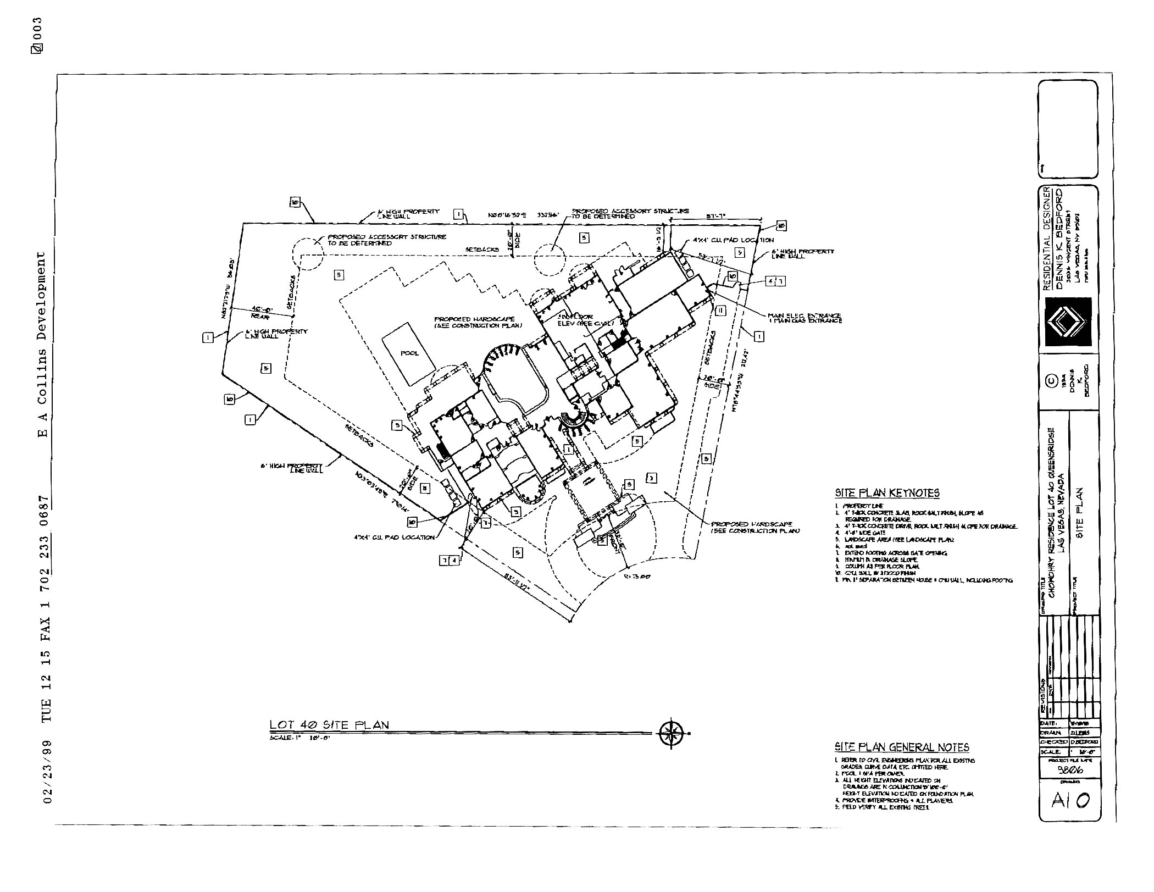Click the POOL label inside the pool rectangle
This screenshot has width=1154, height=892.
tap(409, 353)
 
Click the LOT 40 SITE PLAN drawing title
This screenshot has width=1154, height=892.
tap(329, 724)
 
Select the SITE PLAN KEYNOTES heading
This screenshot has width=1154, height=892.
tap(887, 493)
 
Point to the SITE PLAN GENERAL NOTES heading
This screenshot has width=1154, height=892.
tap(902, 747)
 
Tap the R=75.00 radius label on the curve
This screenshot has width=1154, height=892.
tap(637, 577)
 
